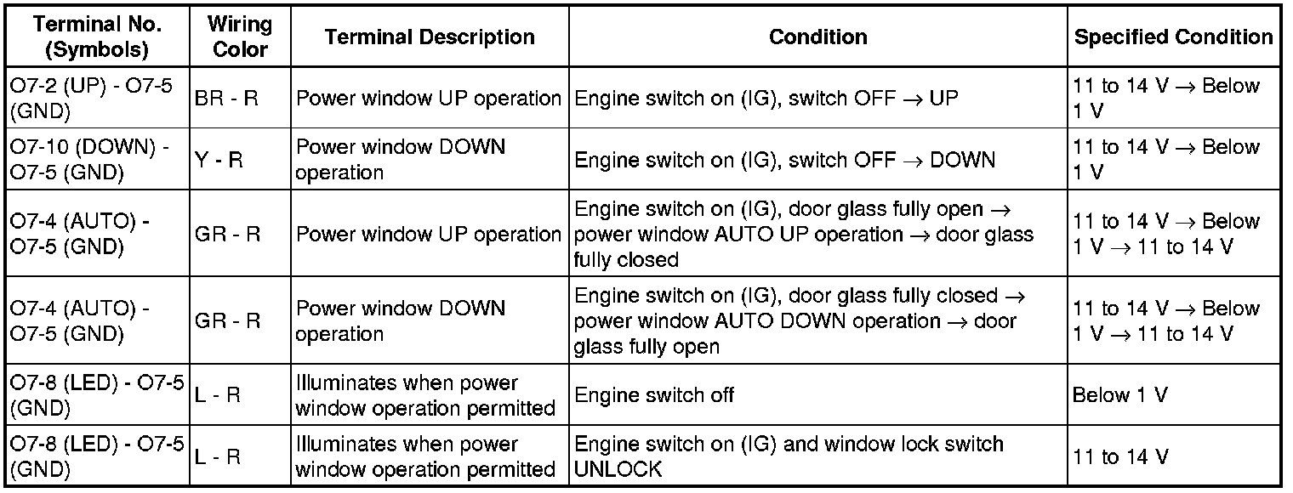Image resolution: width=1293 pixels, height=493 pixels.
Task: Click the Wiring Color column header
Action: tap(241, 37)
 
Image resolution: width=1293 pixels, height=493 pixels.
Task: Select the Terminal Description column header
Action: tap(430, 37)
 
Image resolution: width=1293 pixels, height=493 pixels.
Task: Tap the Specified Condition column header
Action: tap(1173, 37)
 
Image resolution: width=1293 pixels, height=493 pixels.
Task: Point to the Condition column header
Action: tap(817, 37)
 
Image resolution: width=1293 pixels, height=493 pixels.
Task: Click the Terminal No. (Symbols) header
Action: tap(98, 37)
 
